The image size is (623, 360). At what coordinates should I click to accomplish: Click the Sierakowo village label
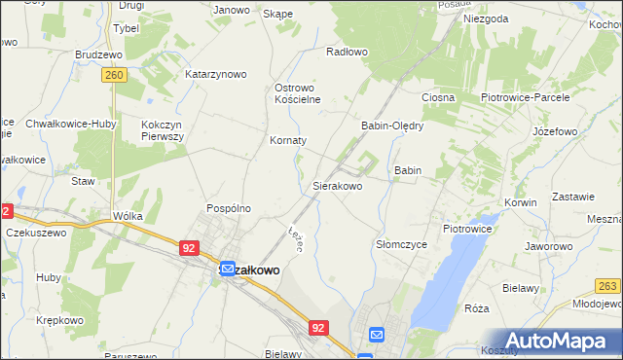coord(337,185)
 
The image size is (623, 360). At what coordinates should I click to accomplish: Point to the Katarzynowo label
coord(216,74)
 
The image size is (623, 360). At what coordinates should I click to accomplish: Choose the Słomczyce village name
coord(401,245)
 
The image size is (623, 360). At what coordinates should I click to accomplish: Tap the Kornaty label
coord(288,140)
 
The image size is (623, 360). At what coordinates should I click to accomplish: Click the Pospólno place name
coord(229,208)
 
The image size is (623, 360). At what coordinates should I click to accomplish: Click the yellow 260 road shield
coord(115,74)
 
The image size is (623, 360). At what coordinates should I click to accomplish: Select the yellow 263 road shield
coord(609,284)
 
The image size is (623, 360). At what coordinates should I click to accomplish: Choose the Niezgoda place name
coord(486,18)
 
